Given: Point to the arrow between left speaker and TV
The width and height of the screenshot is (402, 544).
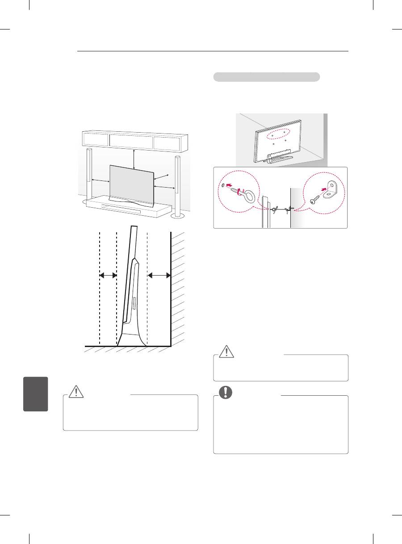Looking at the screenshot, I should coord(100,181).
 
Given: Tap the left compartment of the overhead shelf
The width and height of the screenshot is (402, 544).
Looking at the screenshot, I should coord(96,140).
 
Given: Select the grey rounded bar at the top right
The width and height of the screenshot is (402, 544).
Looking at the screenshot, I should coord(266,77).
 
